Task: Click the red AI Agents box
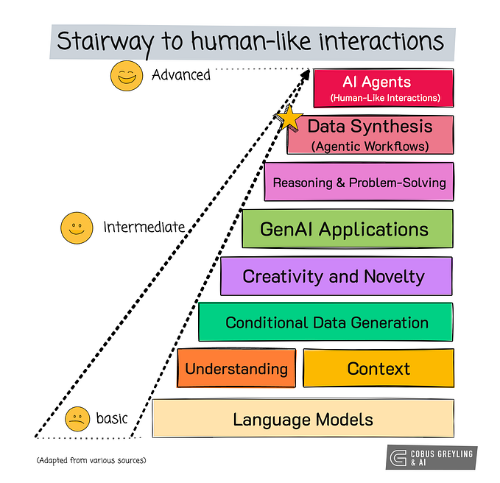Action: point(382,88)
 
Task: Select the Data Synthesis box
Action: point(370,135)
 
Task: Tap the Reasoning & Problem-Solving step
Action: point(359,182)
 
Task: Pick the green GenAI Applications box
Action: point(347,229)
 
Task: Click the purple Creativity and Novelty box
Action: point(337,276)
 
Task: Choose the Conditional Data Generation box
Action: point(325,322)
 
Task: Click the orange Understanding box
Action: point(236,368)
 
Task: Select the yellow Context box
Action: point(378,368)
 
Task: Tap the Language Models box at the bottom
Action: point(303,420)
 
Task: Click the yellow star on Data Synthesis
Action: point(289,119)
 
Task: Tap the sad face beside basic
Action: point(77,419)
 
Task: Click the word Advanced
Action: point(180,75)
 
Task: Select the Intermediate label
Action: point(143,227)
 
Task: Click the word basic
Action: point(111,419)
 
